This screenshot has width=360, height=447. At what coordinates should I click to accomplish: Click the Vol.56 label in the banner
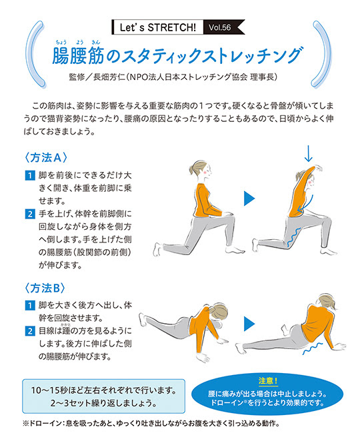click(x=219, y=27)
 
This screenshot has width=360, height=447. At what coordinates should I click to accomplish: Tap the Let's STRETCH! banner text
click(x=158, y=27)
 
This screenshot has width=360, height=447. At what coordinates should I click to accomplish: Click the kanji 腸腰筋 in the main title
click(x=78, y=55)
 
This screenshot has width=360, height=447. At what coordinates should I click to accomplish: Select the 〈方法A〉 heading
click(x=46, y=157)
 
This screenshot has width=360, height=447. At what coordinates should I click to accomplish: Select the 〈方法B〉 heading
click(x=45, y=288)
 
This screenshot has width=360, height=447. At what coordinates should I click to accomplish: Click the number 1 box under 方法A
click(x=30, y=175)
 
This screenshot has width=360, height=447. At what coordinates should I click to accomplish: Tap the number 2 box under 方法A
click(x=30, y=214)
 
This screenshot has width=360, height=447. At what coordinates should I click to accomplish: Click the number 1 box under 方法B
click(x=30, y=305)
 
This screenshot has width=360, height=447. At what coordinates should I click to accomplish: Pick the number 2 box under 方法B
click(x=30, y=331)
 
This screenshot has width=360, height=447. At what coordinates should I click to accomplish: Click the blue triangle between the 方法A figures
click(x=249, y=199)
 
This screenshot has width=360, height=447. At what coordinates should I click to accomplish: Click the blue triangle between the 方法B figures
click(x=249, y=324)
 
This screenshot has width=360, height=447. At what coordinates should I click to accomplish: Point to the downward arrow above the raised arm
click(x=308, y=153)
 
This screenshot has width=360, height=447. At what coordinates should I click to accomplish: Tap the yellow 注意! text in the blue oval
click(x=268, y=380)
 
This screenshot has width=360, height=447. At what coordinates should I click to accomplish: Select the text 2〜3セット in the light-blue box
click(x=69, y=403)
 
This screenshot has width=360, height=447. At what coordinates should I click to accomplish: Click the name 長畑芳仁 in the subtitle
click(x=109, y=77)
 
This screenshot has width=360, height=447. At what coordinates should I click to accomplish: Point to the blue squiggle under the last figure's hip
click(x=313, y=348)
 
